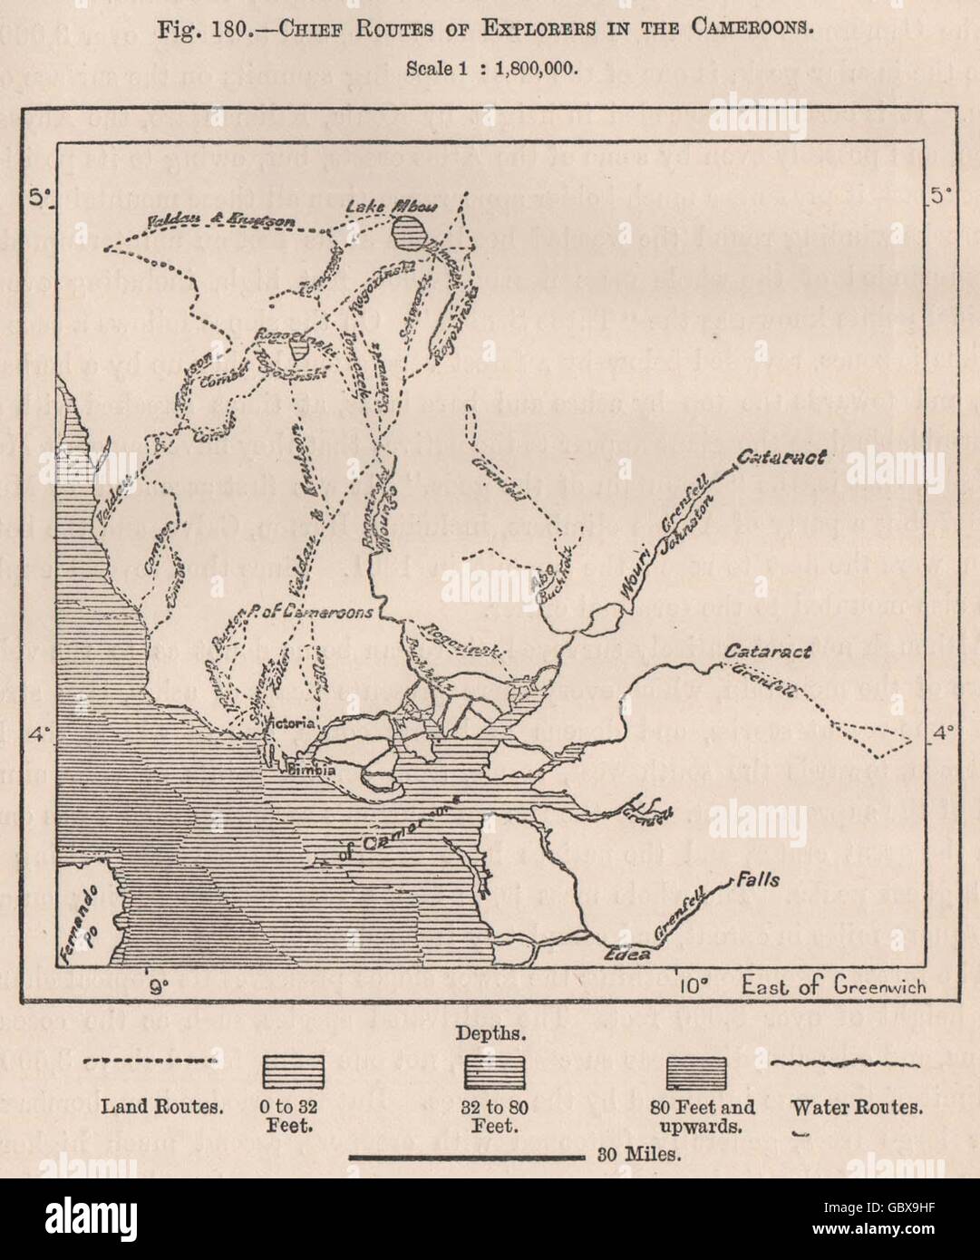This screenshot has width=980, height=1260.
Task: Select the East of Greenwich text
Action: [833, 985]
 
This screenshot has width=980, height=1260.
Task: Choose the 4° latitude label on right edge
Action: [943, 732]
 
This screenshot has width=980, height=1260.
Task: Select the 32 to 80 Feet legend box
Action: [493, 1072]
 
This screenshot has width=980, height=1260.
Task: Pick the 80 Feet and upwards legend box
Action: [695, 1072]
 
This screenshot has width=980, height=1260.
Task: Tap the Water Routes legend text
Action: [857, 1106]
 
